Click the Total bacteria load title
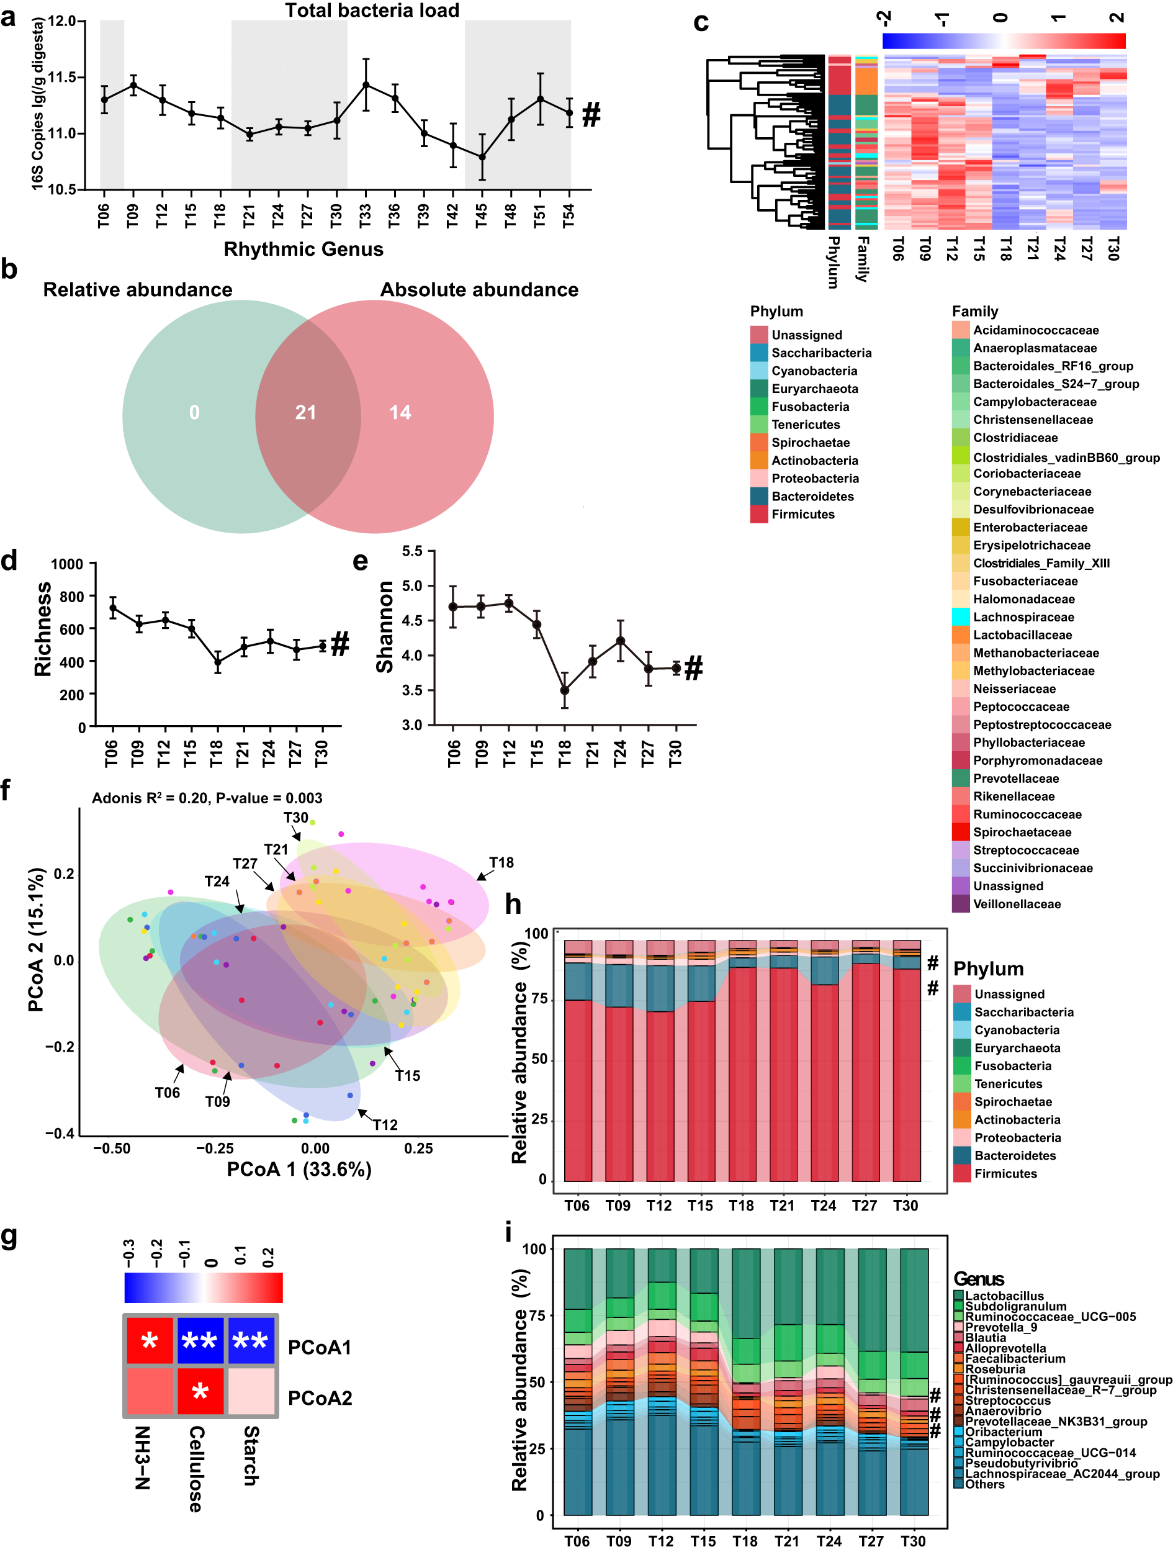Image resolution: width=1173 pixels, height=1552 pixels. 372,11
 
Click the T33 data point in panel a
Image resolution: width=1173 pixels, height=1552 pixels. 366,85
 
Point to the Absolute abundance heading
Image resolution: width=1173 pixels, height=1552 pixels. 479,290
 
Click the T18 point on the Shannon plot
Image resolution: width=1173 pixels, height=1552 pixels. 564,690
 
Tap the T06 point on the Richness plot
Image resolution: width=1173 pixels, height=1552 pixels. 112,608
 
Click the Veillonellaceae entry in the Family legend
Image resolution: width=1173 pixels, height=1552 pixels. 1016,905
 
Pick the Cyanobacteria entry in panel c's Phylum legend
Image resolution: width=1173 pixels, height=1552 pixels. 814,371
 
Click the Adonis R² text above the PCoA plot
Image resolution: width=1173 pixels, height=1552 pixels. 207,798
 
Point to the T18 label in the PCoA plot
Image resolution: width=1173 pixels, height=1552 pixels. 501,862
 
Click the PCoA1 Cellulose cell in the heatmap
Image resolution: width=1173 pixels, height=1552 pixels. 200,1341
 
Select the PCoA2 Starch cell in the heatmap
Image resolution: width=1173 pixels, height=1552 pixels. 251,1391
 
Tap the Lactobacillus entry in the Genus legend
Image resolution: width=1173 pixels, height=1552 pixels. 1004,1296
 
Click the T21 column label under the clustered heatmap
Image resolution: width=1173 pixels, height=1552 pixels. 1032,248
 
